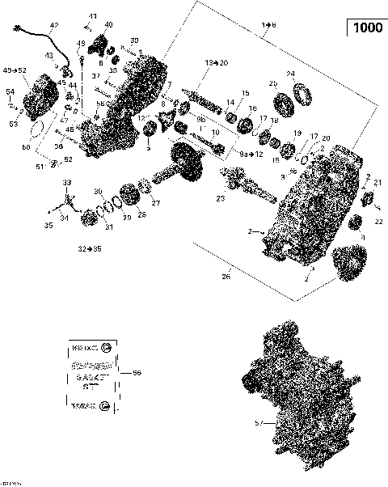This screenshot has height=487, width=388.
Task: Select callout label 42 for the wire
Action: tap(54, 27)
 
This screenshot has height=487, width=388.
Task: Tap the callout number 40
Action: tap(108, 25)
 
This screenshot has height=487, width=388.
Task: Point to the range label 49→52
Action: tap(15, 70)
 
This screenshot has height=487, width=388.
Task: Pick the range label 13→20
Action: tap(216, 62)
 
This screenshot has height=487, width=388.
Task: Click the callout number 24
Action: tap(291, 74)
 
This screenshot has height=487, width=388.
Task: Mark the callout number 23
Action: tap(219, 198)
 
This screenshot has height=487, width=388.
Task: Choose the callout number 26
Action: tap(226, 277)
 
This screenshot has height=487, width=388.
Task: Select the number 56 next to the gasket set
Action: tap(136, 373)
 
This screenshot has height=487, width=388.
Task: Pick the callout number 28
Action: tap(141, 214)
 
